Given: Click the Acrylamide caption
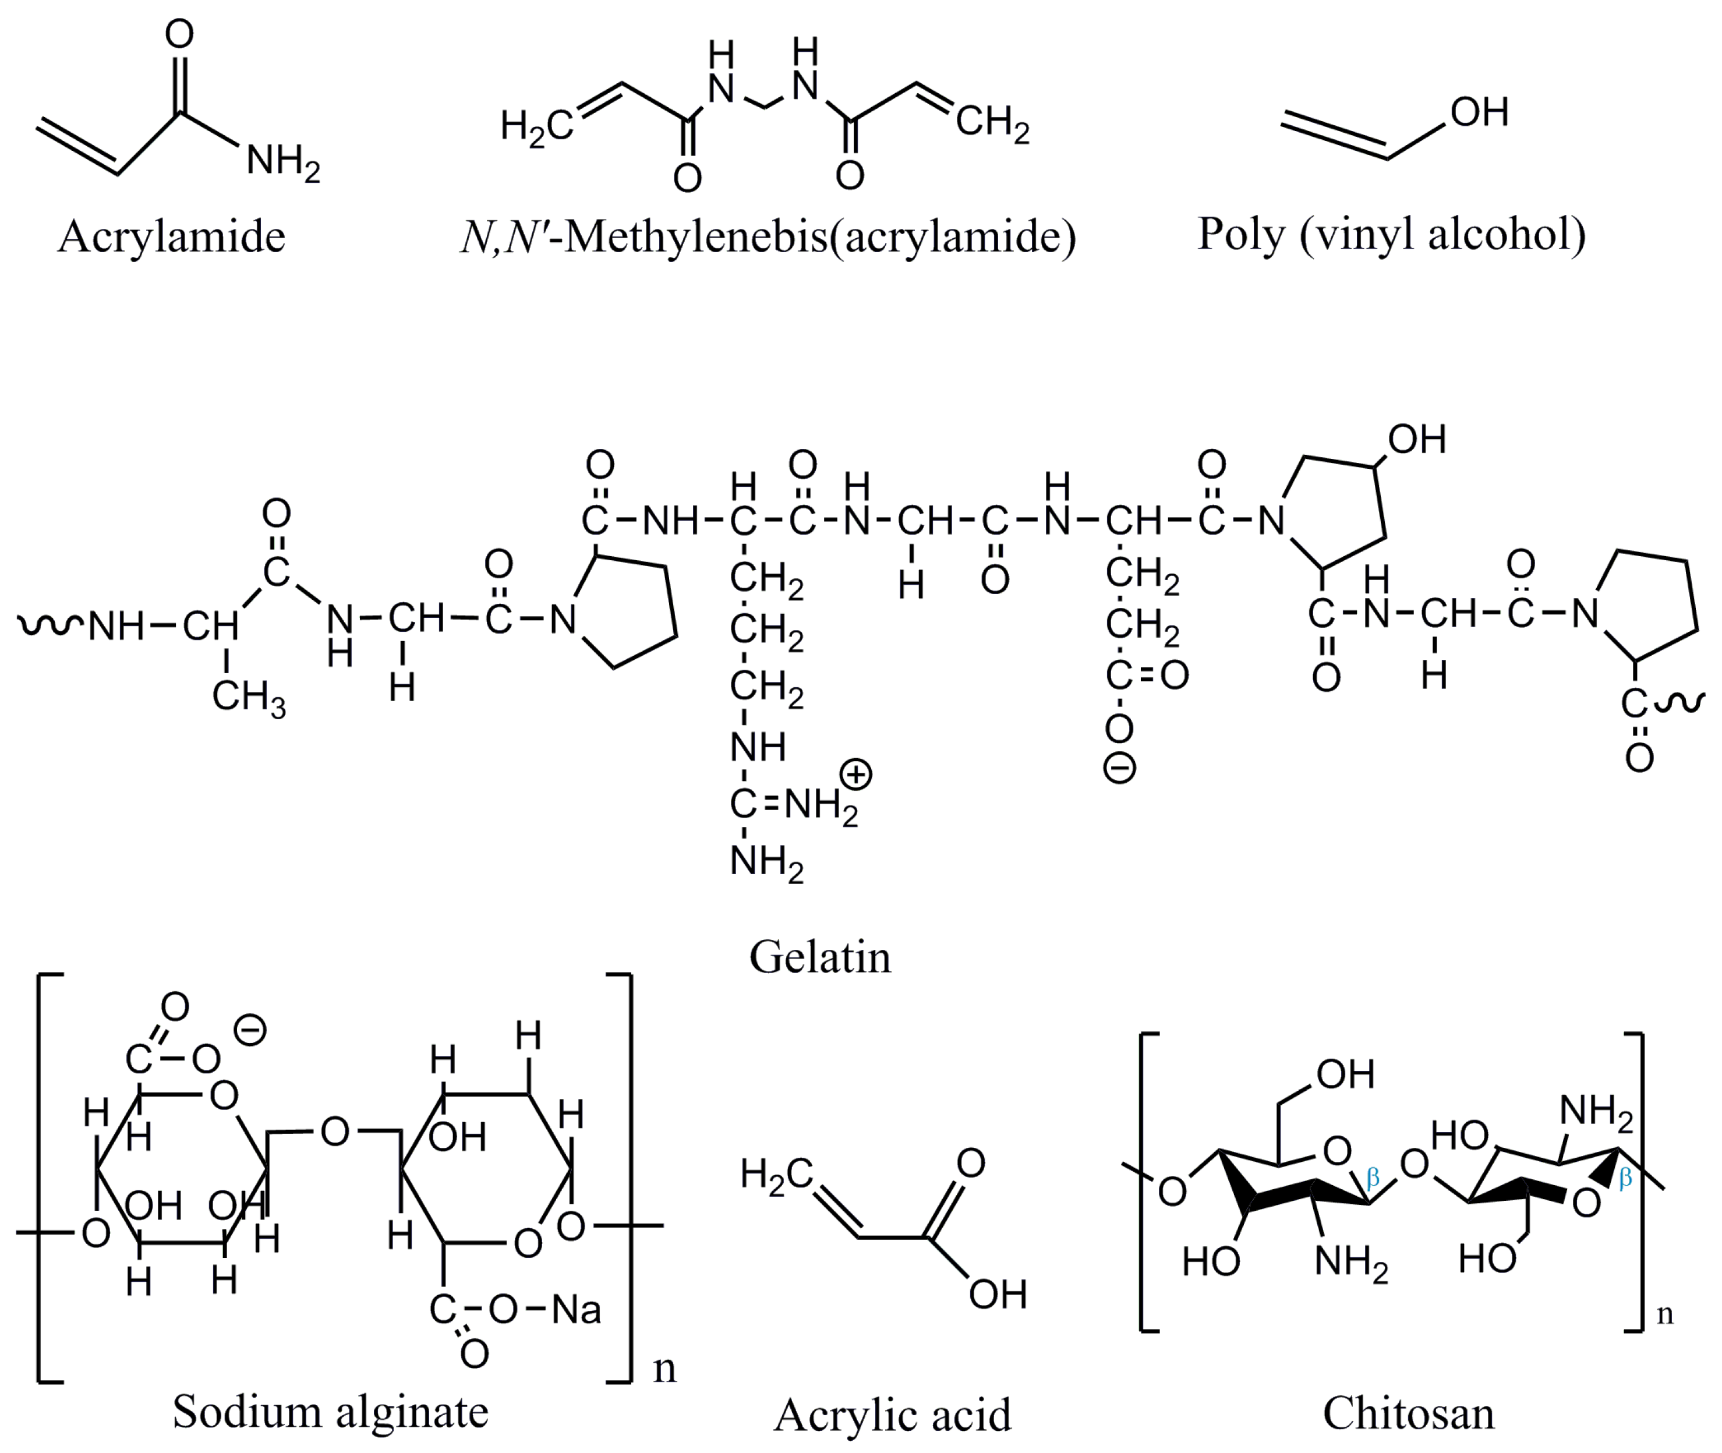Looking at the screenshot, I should (x=171, y=237).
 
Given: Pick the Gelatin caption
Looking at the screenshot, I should (x=819, y=957).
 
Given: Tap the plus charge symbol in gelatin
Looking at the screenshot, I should (x=857, y=775).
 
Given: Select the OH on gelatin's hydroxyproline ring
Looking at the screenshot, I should (x=1416, y=439).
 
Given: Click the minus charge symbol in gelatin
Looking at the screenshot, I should (x=1119, y=768).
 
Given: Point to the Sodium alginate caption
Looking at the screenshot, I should (x=330, y=1412).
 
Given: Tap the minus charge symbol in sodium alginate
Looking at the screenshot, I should (x=250, y=1030).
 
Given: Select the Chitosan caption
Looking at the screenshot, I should (x=1408, y=1413).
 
